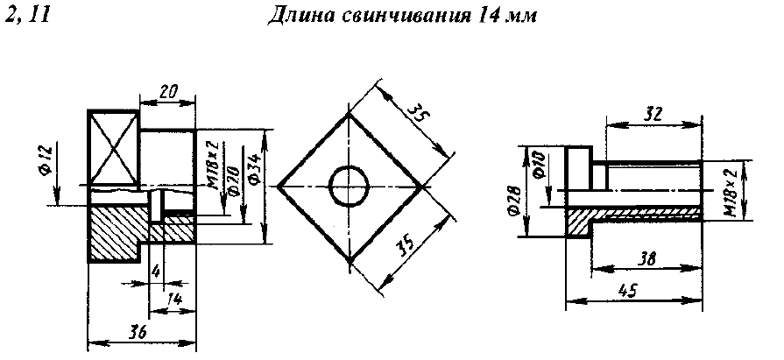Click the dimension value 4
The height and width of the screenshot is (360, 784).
tap(154, 272)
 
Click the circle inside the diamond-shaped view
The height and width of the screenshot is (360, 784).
tap(350, 187)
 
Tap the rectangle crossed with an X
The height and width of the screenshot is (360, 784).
tap(114, 146)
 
